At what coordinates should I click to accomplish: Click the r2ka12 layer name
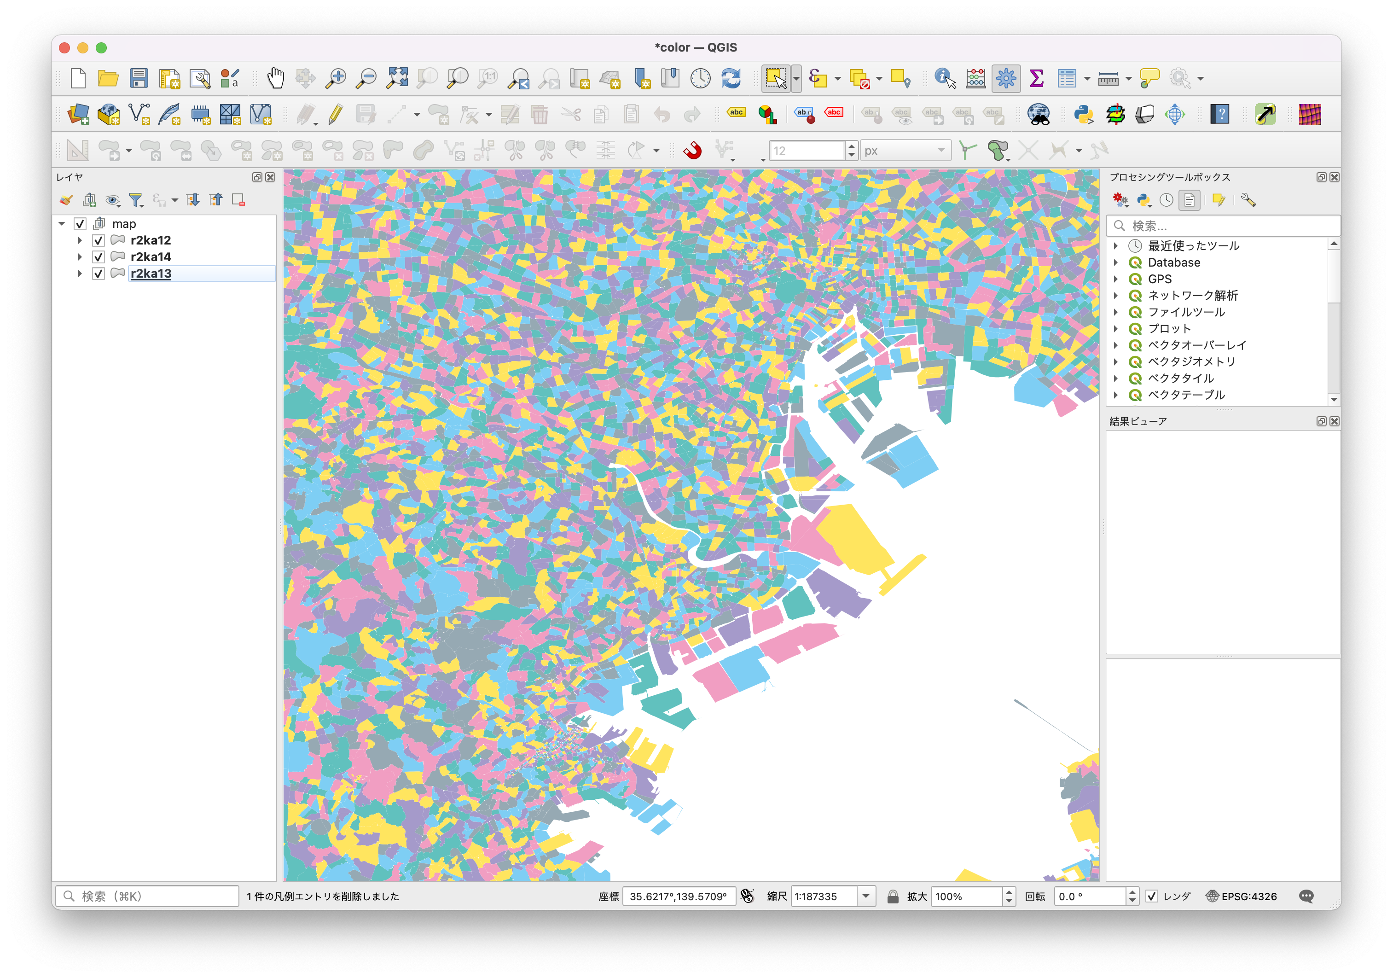coord(151,240)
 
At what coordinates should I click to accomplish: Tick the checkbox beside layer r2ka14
coord(99,256)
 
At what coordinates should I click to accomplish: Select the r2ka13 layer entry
coord(151,274)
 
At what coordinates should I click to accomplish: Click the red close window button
coord(65,48)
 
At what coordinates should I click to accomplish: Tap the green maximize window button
coord(101,48)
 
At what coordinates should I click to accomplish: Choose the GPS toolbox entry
coord(1160,279)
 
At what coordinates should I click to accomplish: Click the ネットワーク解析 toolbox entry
coord(1192,296)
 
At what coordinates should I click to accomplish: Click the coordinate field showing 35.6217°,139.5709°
coord(678,896)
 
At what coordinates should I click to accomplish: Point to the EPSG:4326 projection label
coord(1248,896)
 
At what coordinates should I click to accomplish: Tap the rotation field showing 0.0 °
coord(1090,896)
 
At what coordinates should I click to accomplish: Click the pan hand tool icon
coord(275,78)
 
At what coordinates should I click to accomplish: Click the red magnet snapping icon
coord(692,150)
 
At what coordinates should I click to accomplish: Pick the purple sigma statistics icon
coord(1036,78)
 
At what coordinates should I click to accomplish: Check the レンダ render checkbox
coord(1151,896)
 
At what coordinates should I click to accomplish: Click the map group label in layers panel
coord(124,224)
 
